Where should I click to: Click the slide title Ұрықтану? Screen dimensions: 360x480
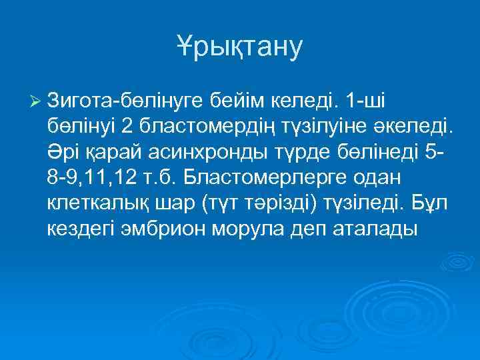pyautogui.click(x=239, y=46)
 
